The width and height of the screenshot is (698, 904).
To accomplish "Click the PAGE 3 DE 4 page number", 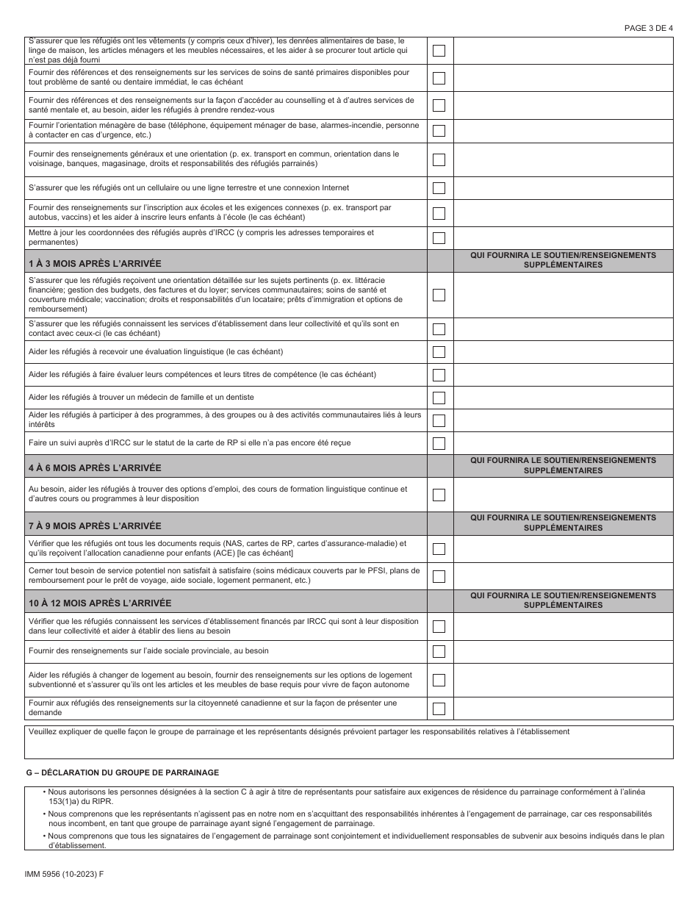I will tap(647, 28).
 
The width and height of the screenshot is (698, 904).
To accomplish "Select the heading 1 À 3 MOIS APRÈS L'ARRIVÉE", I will tap(95, 262).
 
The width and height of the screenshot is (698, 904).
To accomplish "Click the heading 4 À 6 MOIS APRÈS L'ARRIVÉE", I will tap(95, 467).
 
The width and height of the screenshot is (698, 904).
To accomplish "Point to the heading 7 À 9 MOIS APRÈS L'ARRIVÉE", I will tap(95, 525).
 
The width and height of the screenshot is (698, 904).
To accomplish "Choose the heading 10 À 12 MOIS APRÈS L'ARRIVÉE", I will tap(99, 603).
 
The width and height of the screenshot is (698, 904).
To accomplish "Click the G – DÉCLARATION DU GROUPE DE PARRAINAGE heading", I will tap(122, 772).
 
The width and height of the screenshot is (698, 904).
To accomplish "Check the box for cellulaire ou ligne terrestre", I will tap(439, 188).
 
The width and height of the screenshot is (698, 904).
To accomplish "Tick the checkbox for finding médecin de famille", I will tap(439, 398).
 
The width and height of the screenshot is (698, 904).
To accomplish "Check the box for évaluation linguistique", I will tap(439, 352).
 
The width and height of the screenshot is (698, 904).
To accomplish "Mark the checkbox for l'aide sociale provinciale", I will tap(439, 651).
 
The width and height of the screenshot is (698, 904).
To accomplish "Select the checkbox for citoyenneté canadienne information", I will tap(439, 709).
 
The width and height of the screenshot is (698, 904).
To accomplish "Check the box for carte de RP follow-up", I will tap(439, 443).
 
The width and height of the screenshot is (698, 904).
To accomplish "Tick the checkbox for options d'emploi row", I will tap(439, 495).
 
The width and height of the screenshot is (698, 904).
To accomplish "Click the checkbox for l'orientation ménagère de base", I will tap(439, 131).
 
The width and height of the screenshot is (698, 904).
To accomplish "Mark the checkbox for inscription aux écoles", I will tap(439, 213).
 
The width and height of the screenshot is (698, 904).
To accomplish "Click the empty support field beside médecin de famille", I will tap(563, 398).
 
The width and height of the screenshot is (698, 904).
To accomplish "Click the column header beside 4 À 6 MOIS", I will tap(563, 466).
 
